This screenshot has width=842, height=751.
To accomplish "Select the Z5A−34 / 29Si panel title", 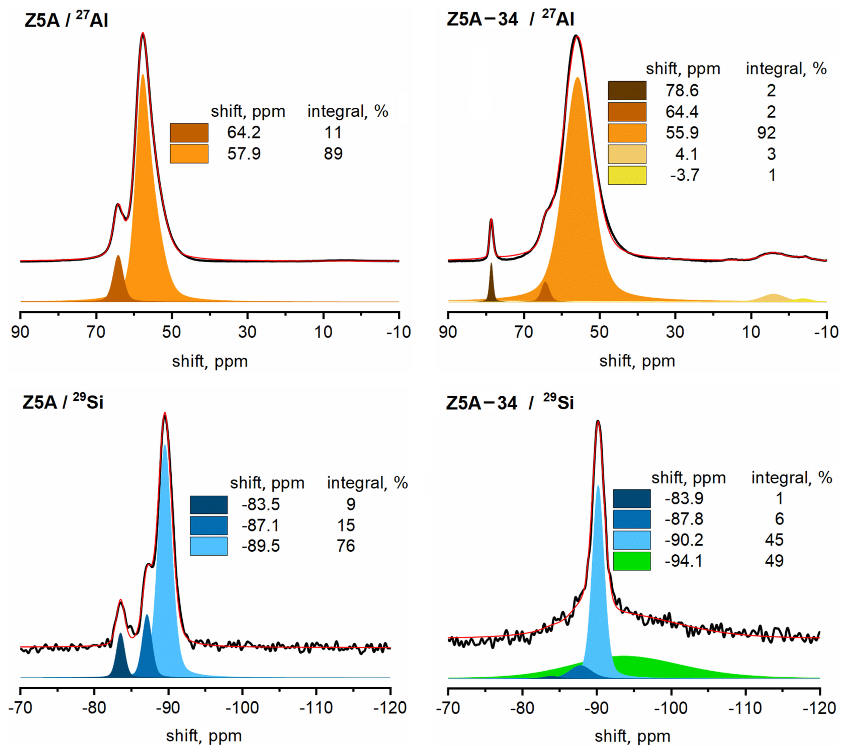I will click(x=509, y=402).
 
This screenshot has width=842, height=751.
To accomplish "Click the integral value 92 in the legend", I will click(x=766, y=133).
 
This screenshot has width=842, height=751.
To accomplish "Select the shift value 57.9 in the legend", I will click(x=244, y=153).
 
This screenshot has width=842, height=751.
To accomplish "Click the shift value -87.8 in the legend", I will click(x=684, y=519).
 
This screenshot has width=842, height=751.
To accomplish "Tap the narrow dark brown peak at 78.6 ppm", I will click(x=491, y=285).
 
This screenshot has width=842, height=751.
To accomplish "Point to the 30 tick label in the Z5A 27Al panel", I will click(x=247, y=332).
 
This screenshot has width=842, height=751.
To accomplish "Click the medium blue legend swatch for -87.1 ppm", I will click(x=209, y=525).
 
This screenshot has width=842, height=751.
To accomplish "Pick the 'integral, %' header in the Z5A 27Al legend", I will click(x=347, y=111).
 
